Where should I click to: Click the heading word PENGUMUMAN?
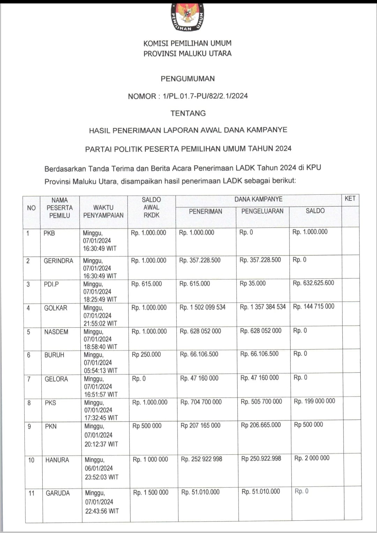point(187,79)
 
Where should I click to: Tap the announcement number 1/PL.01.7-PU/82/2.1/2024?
point(205,96)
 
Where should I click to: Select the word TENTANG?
point(188,113)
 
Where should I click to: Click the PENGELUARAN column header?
point(263,211)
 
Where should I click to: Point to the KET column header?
point(350,199)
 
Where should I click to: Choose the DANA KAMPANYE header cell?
point(258,199)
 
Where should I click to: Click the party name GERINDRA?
point(58,261)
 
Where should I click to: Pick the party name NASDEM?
point(56,332)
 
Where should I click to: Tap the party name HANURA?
point(57,460)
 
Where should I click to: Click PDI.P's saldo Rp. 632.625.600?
point(313,283)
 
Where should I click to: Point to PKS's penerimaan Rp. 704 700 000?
point(201,402)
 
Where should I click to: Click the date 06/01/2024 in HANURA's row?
point(99,468)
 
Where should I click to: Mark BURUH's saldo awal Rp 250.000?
point(146,355)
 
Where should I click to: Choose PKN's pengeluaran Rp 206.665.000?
point(261,425)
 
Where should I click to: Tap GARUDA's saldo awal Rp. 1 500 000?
point(151,493)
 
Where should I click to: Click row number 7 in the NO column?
point(29,379)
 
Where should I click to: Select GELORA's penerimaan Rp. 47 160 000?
point(199,378)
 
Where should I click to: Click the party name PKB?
point(49,233)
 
